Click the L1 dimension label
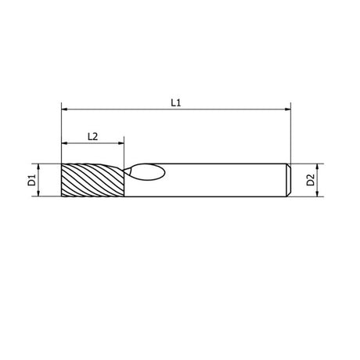176,103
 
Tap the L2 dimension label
92,136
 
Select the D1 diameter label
31,180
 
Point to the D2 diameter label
311,180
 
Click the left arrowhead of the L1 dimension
64,110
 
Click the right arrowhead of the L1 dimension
287,110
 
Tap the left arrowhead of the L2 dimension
64,143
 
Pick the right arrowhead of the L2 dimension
121,143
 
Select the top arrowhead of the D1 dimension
38,167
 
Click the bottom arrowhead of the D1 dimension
38,193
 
